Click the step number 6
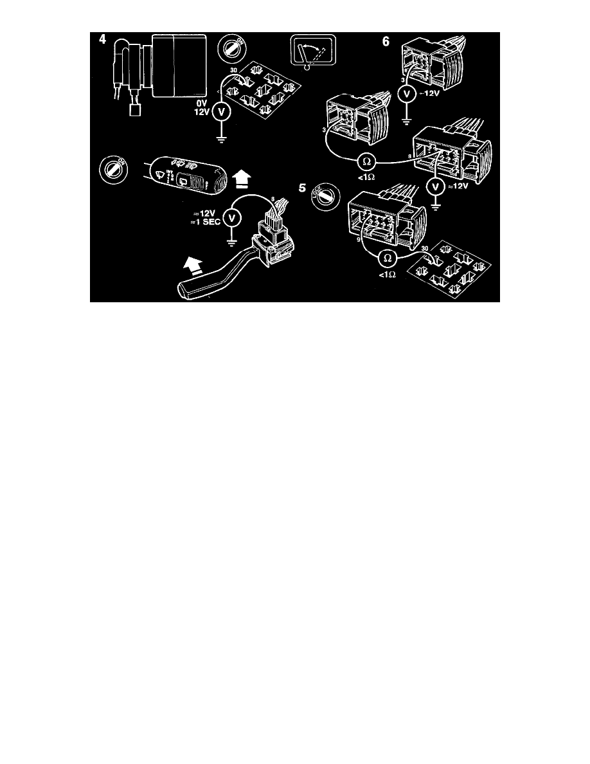(x=386, y=41)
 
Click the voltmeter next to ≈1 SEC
(x=234, y=219)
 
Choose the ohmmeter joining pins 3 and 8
(x=362, y=158)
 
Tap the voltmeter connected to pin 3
(x=406, y=92)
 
